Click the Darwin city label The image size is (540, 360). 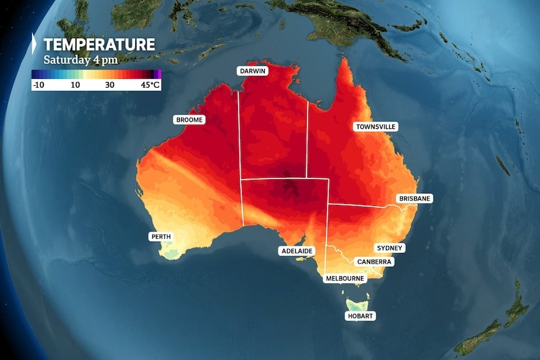click(x=253, y=71)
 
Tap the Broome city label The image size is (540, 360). click(x=189, y=119)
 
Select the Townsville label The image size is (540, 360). click(x=376, y=126)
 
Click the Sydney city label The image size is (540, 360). click(x=390, y=248)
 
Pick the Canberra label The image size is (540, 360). click(x=374, y=262)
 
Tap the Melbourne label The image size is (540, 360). click(x=345, y=278)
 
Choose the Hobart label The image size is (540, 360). click(x=360, y=316)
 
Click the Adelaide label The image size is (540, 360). click(x=296, y=251)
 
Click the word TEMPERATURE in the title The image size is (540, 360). click(x=99, y=44)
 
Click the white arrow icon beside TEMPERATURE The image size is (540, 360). click(x=35, y=44)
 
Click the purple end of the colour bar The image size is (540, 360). click(x=158, y=74)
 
